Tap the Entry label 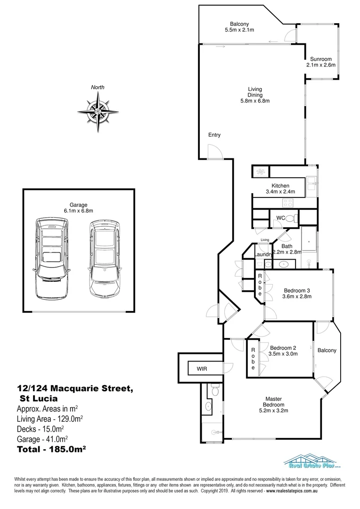(214, 135)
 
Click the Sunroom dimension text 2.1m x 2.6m (320, 65)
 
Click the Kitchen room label (280, 186)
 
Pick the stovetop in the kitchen (288, 203)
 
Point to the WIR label (202, 368)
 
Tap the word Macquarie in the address (91, 388)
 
